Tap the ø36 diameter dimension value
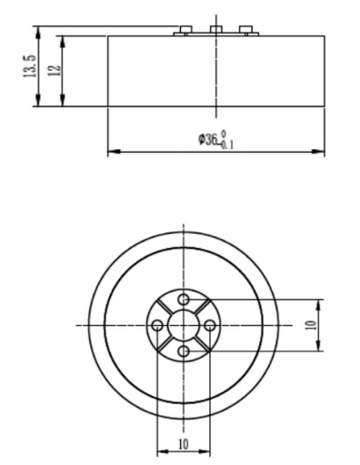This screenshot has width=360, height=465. pos(209,140)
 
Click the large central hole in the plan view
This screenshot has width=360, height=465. pos(183,325)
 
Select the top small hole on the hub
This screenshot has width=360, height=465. pos(183,300)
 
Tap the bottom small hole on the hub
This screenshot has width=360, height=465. pos(183,351)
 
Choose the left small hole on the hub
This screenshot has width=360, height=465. pos(157,325)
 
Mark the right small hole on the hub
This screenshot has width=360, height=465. pos(208,325)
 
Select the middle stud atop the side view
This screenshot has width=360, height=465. pos(215,31)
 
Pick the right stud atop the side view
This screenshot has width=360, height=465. pos(245,31)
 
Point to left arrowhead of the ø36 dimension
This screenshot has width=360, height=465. pos(111,151)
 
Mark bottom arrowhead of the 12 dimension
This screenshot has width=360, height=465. pos(61,103)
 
